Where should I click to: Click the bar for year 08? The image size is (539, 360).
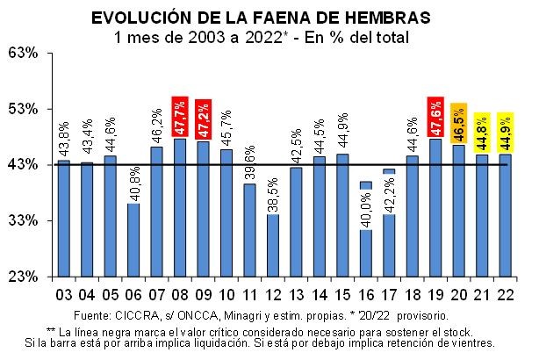pos(180,207)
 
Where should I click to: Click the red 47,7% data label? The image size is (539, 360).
pos(180,116)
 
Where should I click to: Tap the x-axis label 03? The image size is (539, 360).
pos(64,294)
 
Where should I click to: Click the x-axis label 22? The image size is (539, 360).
pos(505,294)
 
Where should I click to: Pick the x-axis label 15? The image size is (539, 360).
pos(342,294)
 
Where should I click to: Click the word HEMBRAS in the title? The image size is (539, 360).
pos(387,18)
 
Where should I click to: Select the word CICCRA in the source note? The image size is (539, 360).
pos(132,314)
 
